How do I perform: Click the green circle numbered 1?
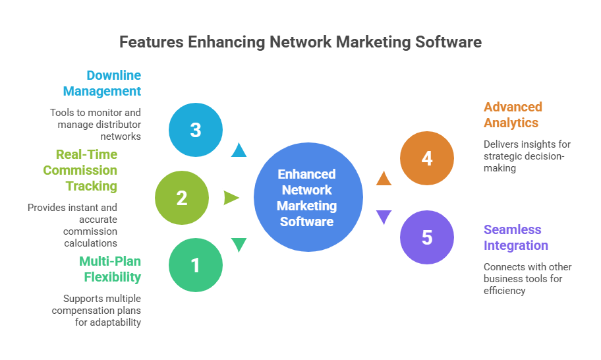[x=195, y=265]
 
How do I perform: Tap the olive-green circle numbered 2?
[x=182, y=198]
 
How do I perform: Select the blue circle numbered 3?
[x=196, y=130]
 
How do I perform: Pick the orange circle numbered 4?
[x=427, y=159]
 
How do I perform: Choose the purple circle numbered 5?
[x=427, y=237]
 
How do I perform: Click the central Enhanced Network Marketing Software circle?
[x=307, y=198]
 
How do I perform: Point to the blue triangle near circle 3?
[x=239, y=151]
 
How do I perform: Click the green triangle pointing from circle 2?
[x=231, y=198]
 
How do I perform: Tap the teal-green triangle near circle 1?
[x=239, y=245]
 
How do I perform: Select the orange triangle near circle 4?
[x=384, y=177]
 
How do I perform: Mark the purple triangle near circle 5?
[x=384, y=217]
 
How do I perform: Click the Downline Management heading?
[x=102, y=83]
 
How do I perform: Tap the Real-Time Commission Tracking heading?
[x=80, y=170]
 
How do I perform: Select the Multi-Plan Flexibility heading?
[x=109, y=268]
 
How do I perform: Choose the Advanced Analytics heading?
[x=513, y=115]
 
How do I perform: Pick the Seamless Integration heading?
[x=515, y=237]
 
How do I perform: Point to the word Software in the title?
[x=448, y=42]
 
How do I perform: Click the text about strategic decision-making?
[x=527, y=156]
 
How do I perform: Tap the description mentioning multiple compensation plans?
[x=98, y=310]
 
